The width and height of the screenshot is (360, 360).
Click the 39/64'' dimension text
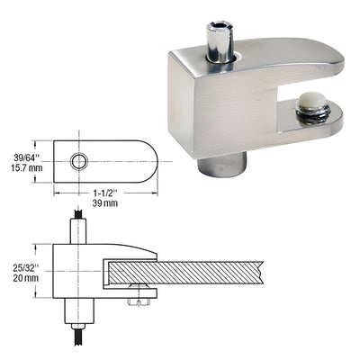[23, 156]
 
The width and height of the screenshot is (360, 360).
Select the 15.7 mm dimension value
[23, 168]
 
